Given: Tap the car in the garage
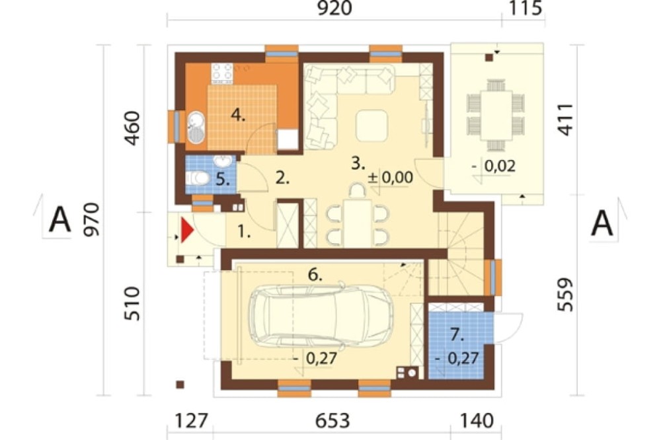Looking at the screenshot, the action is tap(321, 315).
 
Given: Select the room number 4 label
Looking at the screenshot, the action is tap(238, 115).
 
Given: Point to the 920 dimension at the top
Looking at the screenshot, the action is tap(334, 9).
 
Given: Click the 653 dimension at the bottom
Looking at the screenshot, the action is tap(333, 421).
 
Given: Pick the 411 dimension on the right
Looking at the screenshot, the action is tap(565, 120).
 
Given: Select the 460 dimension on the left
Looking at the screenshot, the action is tap(132, 129).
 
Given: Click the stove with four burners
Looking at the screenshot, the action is tap(222, 71).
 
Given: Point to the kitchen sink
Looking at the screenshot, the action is tap(195, 128).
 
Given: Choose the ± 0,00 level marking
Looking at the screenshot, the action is tap(391, 177).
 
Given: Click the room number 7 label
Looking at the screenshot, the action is tap(457, 335).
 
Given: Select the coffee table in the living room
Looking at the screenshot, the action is tap(371, 126).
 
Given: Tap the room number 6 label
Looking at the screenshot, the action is tap(315, 275).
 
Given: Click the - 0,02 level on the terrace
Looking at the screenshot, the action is tap(494, 166).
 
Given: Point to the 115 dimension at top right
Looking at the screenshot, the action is tap(525, 9).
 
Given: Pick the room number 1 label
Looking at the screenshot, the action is tap(244, 231).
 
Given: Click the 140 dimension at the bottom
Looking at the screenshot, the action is tap(477, 421).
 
